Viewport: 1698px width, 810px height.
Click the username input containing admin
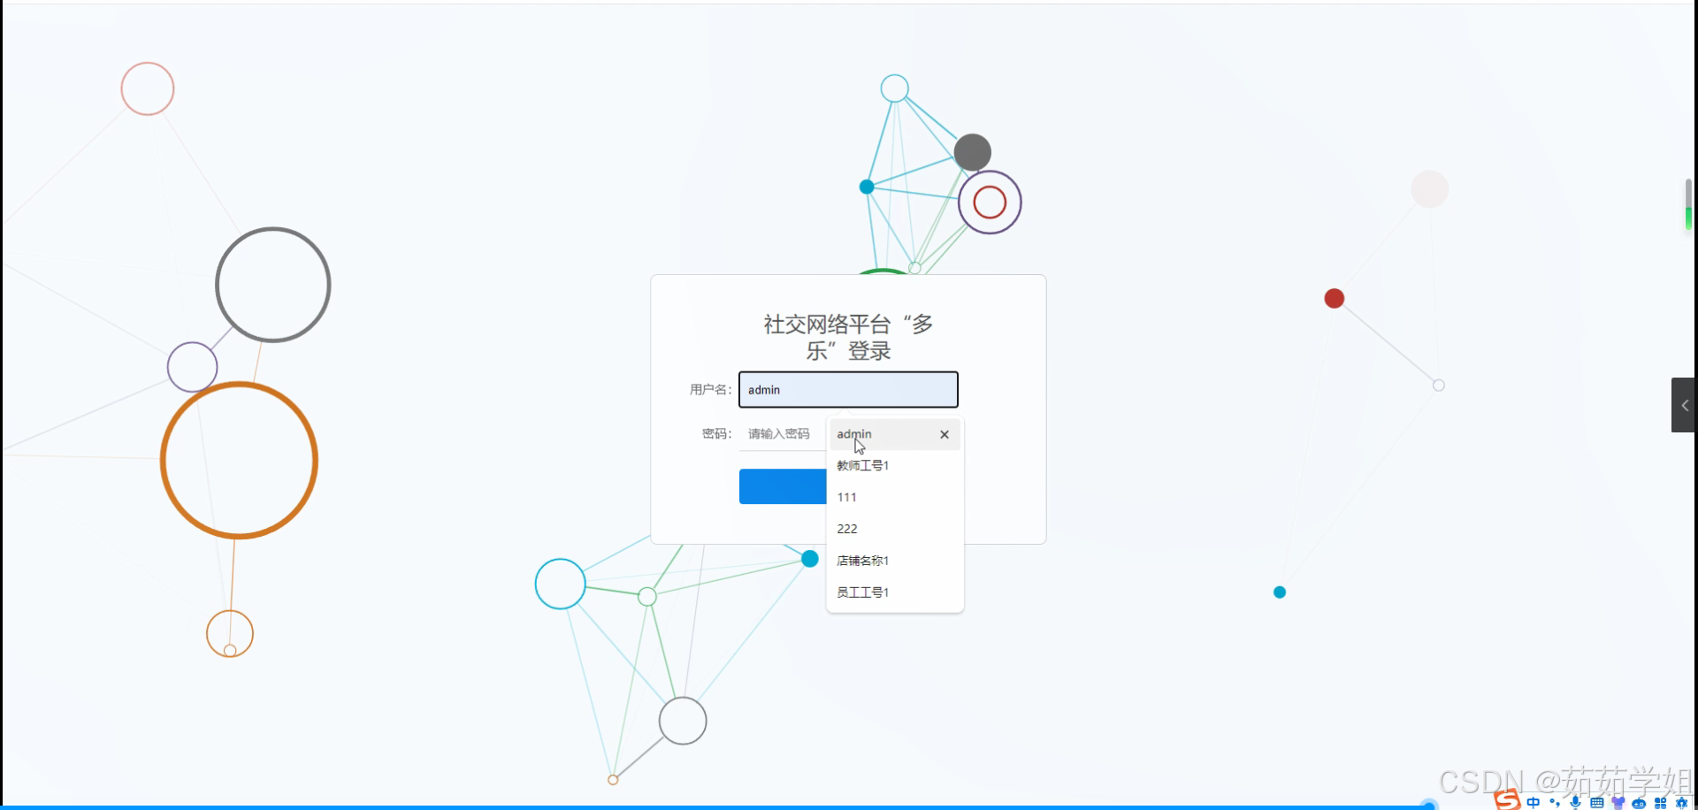[x=847, y=390]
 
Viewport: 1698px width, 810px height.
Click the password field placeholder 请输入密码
[x=779, y=434]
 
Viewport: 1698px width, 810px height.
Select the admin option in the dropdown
[x=876, y=434]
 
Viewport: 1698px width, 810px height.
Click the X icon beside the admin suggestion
[x=945, y=434]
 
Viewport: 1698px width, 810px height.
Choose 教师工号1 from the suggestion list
[x=863, y=466]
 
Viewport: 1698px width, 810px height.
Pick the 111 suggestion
[x=847, y=498]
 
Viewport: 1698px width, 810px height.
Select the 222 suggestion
[x=847, y=529]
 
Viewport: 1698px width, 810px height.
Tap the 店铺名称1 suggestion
[x=863, y=561]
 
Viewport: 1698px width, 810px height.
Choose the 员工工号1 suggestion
[x=863, y=592]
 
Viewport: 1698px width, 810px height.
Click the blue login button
[x=783, y=487]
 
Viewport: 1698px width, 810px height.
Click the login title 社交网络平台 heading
[x=848, y=337]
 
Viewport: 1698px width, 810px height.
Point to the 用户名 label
[x=710, y=390]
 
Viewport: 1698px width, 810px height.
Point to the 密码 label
[x=716, y=434]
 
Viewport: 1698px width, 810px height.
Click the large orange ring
[x=164, y=460]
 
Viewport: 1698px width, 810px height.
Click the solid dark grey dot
[x=973, y=152]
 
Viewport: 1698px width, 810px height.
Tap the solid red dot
[x=1335, y=299]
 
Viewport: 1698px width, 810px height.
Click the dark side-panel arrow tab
[x=1684, y=405]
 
